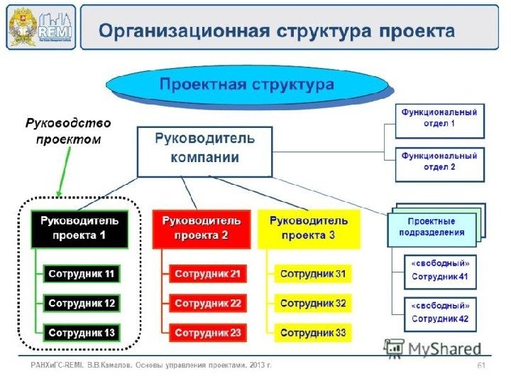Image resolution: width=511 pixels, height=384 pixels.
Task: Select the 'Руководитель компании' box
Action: click(x=204, y=151)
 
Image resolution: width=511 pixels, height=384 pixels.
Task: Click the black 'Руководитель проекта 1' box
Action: click(x=79, y=228)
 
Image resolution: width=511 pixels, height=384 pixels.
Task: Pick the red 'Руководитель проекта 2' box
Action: click(x=202, y=228)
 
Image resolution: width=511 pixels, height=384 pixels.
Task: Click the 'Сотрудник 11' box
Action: click(x=81, y=274)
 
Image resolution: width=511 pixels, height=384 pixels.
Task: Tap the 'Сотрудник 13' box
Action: click(x=81, y=332)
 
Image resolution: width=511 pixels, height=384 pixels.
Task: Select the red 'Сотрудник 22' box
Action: click(x=208, y=303)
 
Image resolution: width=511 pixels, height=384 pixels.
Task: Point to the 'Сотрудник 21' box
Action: click(x=208, y=274)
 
